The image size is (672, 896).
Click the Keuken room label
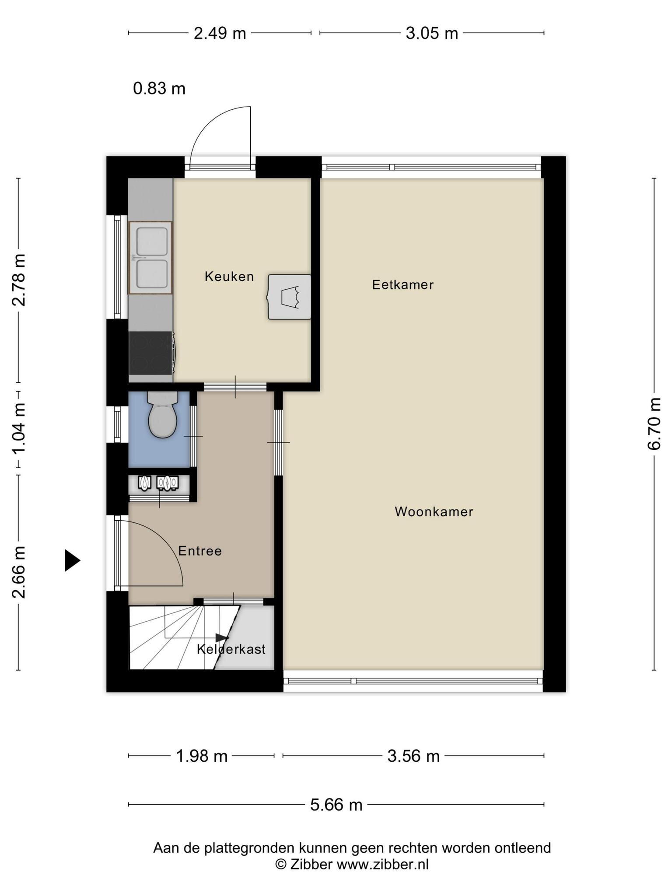(229, 276)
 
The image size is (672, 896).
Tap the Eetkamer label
(403, 285)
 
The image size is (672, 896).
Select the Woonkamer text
(434, 511)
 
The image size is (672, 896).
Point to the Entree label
(200, 551)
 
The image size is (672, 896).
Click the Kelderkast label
(231, 649)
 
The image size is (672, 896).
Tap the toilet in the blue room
(162, 414)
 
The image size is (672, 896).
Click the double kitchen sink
(150, 258)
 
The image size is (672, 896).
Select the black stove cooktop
(151, 353)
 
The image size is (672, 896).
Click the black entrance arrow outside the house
(73, 560)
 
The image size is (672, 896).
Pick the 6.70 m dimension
(654, 423)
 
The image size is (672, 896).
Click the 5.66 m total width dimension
(336, 805)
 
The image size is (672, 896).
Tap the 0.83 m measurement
(159, 89)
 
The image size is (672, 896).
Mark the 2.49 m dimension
(220, 33)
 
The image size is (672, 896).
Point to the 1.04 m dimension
(18, 429)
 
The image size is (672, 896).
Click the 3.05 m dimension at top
(432, 33)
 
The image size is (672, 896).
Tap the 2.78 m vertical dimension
(18, 280)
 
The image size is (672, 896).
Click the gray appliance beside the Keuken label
(289, 297)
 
